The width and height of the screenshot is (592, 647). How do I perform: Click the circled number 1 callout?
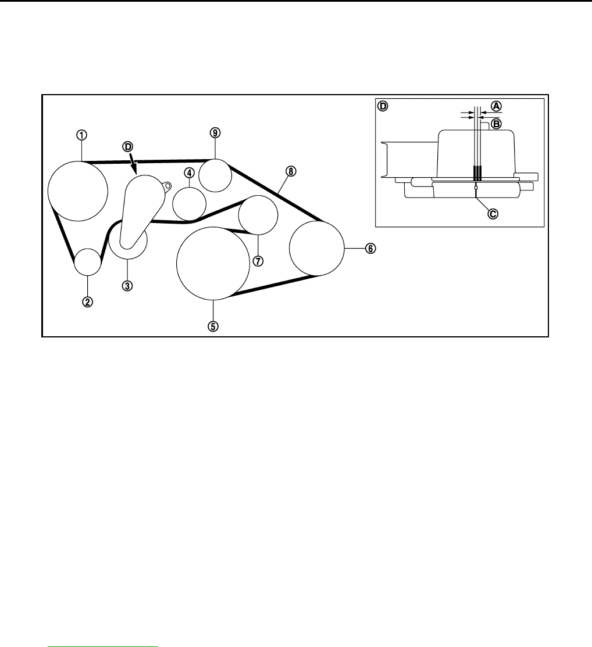(82, 134)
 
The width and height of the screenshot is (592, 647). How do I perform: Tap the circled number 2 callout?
(87, 301)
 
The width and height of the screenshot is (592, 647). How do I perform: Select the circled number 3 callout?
(127, 285)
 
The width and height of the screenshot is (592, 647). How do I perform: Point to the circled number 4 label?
(189, 172)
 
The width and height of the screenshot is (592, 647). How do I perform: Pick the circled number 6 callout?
(370, 249)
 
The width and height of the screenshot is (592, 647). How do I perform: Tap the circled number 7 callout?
(258, 261)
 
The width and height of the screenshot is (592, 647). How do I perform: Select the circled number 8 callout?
(291, 171)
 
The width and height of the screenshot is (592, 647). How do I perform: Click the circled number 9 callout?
(215, 133)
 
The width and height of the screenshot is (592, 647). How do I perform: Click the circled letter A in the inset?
(496, 106)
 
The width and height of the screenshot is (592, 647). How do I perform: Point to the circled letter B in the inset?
(496, 123)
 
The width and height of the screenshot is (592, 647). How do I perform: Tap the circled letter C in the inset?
(493, 214)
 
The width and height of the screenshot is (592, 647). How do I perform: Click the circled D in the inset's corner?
(383, 106)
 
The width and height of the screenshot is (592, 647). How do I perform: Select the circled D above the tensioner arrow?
(127, 147)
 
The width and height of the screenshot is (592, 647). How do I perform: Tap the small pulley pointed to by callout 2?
(88, 261)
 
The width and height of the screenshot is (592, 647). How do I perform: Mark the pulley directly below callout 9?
(215, 175)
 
